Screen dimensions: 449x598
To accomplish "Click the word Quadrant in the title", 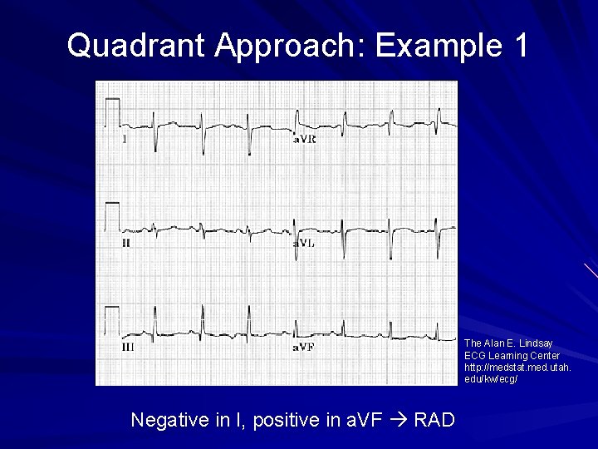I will click(136, 45).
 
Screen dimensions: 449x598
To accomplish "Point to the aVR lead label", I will click(304, 140).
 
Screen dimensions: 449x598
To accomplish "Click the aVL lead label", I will click(304, 244).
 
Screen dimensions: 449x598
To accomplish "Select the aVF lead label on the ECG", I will click(304, 347).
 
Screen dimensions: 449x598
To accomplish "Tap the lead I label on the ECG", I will click(125, 140).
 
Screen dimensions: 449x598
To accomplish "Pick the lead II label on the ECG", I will click(126, 244).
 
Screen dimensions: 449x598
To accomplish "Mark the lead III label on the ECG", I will click(128, 347).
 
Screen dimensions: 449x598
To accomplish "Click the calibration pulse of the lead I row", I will click(111, 111).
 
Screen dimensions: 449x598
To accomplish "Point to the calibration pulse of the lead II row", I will click(111, 215).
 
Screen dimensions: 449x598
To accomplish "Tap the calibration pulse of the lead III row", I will click(111, 320).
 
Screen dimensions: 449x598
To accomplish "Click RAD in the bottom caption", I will click(434, 420).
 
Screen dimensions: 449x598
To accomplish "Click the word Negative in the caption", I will click(170, 420).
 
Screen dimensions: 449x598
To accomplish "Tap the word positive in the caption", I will click(287, 420).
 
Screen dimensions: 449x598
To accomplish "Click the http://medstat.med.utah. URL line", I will click(517, 367).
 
